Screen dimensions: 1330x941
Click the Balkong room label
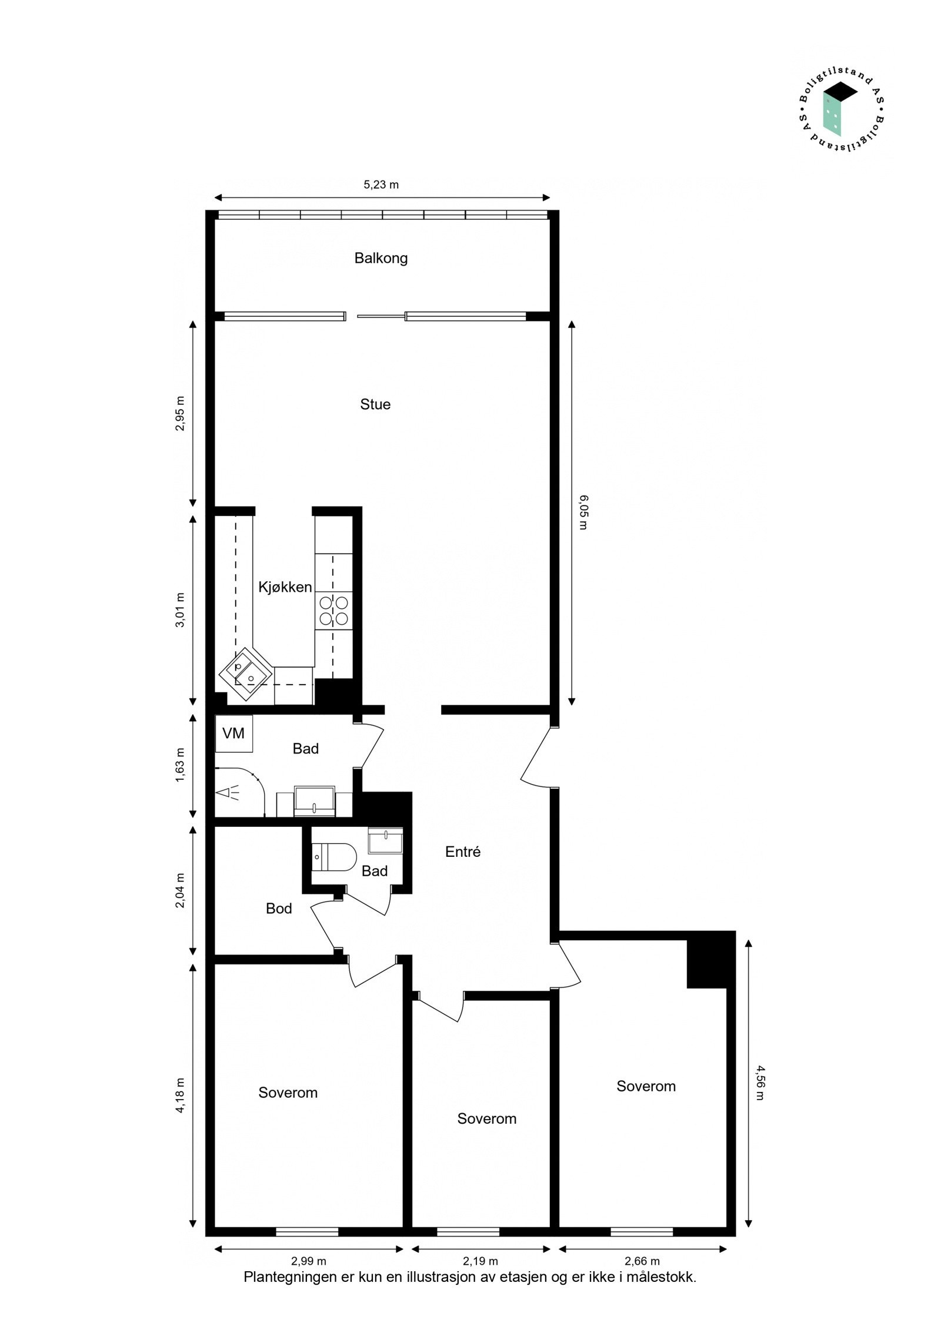click(x=381, y=258)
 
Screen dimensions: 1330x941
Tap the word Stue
click(x=375, y=404)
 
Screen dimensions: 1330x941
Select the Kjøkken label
click(x=285, y=587)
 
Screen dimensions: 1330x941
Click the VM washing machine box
click(x=233, y=733)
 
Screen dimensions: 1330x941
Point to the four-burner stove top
click(x=333, y=610)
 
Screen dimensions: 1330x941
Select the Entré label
click(x=463, y=852)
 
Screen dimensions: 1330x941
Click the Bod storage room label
click(x=279, y=909)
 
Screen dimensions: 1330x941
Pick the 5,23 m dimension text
click(x=381, y=185)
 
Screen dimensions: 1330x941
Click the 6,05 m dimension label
click(x=582, y=512)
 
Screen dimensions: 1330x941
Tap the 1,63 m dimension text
click(x=180, y=765)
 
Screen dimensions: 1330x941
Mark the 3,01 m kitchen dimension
click(x=180, y=610)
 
